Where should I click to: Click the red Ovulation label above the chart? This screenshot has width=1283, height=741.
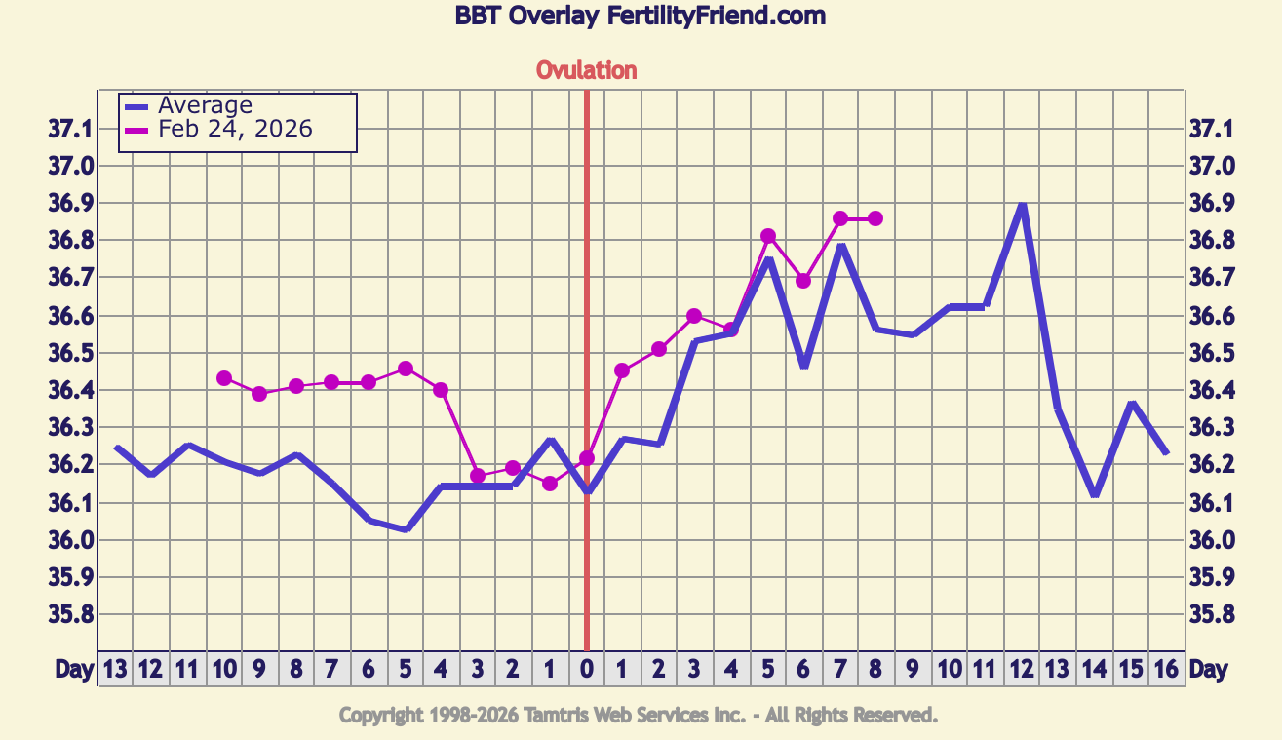(586, 70)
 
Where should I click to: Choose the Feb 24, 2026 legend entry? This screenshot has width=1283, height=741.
(235, 129)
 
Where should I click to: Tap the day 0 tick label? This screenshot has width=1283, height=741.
(586, 669)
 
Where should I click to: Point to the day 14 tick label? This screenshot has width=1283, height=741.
(1094, 669)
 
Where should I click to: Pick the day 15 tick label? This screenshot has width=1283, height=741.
(1130, 669)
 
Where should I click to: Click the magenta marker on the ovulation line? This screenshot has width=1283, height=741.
(586, 457)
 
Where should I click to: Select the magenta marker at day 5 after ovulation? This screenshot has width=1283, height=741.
(768, 236)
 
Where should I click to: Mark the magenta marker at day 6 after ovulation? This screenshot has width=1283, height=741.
(803, 281)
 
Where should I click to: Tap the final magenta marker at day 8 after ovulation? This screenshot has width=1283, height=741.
(875, 218)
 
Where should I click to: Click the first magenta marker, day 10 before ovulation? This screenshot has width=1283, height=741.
(224, 378)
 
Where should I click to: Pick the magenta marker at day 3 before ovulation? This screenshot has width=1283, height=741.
(478, 476)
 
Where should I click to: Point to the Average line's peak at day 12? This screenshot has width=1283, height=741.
(1022, 206)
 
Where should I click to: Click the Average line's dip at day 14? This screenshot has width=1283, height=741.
(1095, 494)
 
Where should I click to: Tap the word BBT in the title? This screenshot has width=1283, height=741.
(478, 16)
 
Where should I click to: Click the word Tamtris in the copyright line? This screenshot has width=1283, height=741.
(563, 716)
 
